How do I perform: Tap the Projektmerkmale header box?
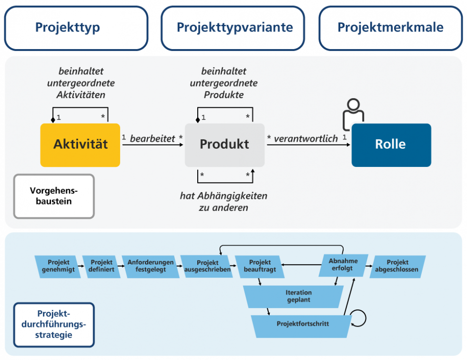(x=391, y=28)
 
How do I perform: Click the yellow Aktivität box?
(x=80, y=145)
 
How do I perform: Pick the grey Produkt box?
(x=224, y=145)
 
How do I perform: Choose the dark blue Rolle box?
(x=391, y=145)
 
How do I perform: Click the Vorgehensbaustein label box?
(x=54, y=196)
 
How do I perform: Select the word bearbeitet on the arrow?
(x=152, y=139)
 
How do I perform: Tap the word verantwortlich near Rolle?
(x=306, y=139)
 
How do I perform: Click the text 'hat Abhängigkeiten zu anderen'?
(x=223, y=202)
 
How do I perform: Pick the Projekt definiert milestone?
(x=102, y=266)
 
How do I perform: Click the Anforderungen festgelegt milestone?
(x=151, y=266)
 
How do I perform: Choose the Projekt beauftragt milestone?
(x=260, y=266)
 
